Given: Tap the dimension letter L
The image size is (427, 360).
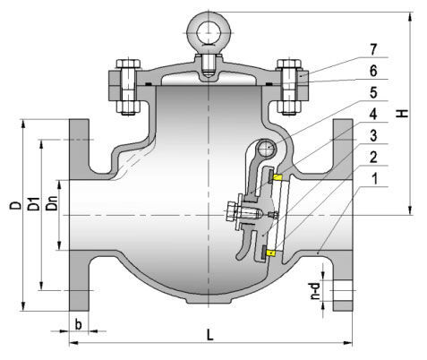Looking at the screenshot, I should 209,335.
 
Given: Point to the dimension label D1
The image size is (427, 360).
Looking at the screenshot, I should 31,204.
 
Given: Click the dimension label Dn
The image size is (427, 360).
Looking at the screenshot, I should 52,208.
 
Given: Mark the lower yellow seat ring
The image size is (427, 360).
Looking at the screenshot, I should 269,253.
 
